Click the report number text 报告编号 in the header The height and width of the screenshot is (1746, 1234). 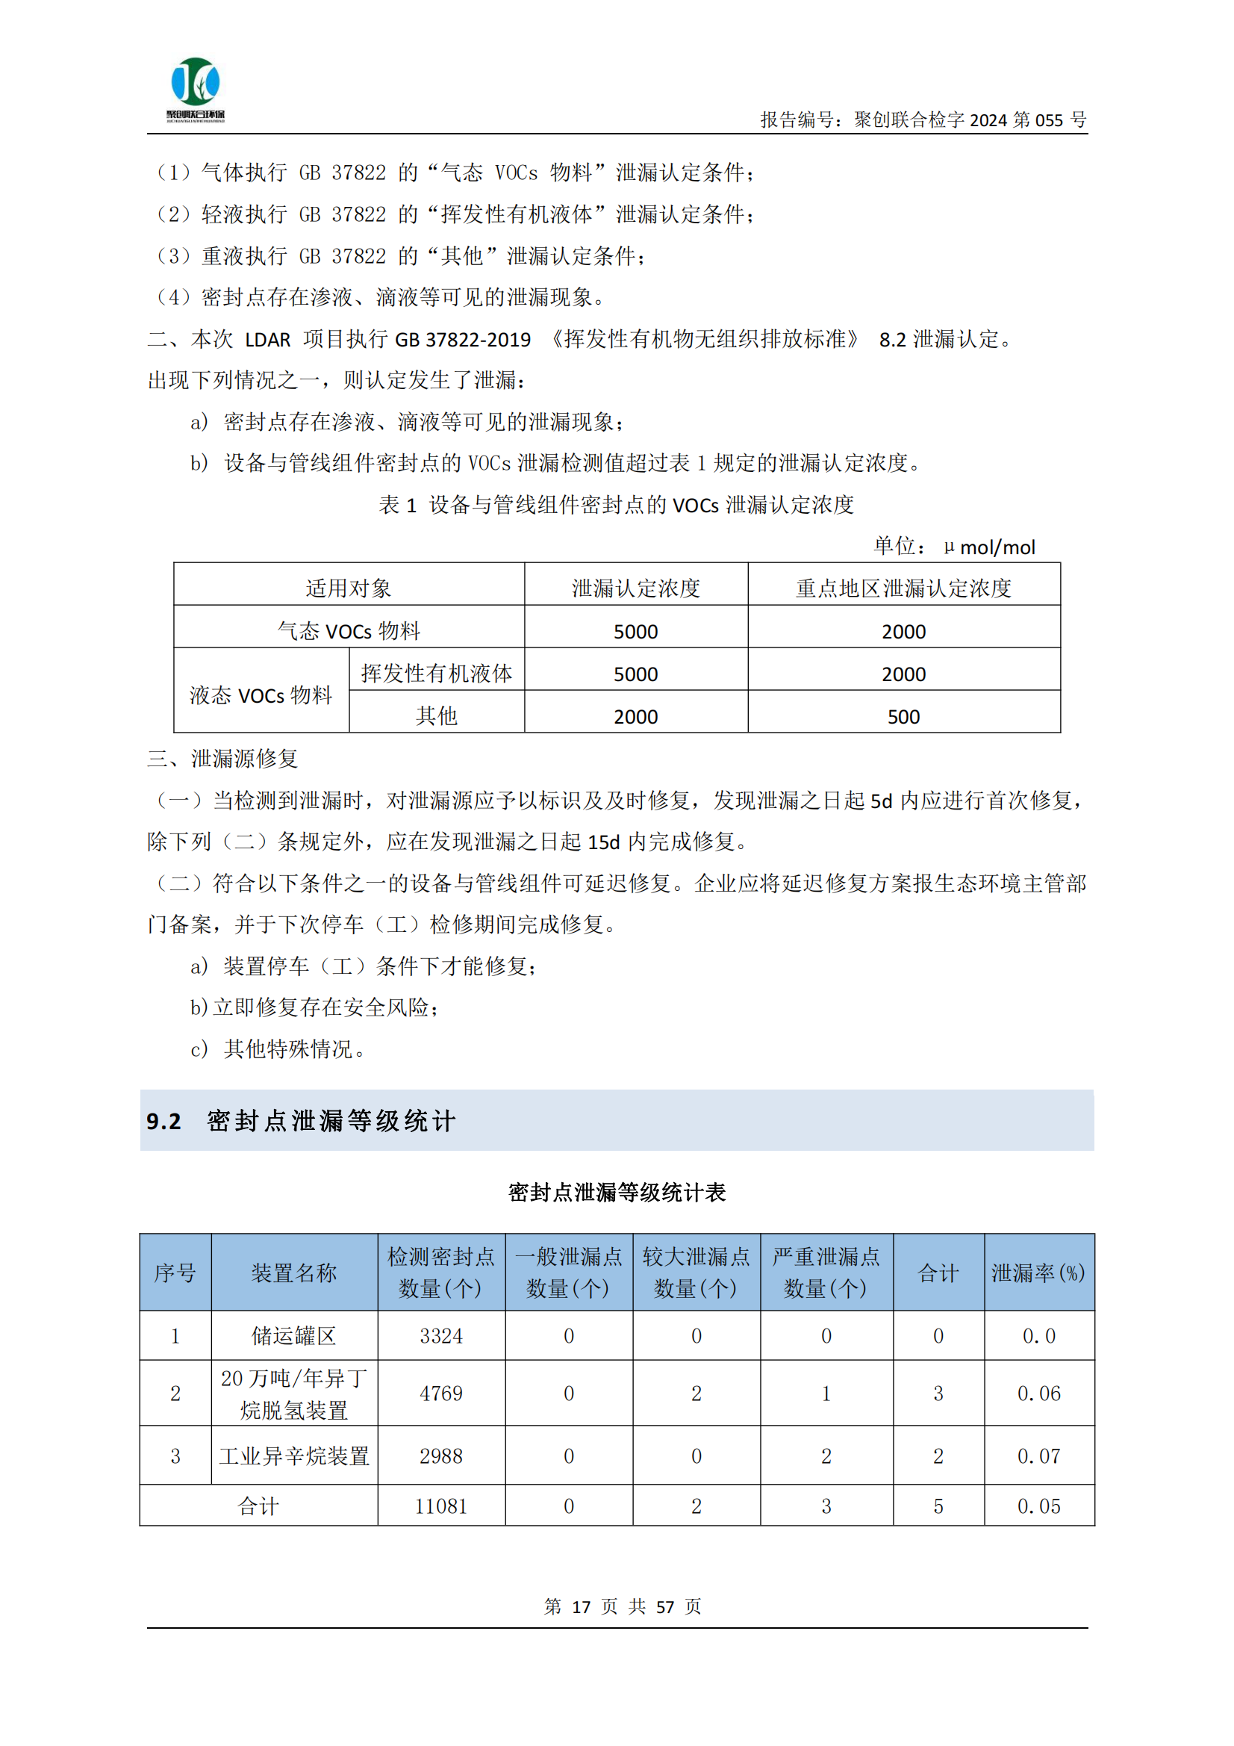click(x=922, y=119)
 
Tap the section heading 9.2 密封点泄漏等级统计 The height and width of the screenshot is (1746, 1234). click(x=301, y=1120)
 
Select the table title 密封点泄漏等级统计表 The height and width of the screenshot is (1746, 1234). click(x=617, y=1192)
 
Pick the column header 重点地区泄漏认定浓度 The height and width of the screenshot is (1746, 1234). click(x=903, y=588)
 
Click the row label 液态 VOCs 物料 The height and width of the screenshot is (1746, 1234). click(x=261, y=695)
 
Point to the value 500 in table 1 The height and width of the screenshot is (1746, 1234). click(x=903, y=716)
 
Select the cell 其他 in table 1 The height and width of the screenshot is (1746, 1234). click(x=437, y=716)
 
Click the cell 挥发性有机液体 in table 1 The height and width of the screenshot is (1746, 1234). click(x=437, y=674)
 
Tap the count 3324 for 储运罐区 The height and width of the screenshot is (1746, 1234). click(x=441, y=1335)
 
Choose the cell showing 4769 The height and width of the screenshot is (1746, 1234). click(x=441, y=1394)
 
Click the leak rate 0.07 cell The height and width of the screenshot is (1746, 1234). click(x=1038, y=1455)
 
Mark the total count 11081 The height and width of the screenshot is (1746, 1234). click(x=441, y=1506)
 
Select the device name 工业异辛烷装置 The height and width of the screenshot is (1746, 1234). click(x=294, y=1455)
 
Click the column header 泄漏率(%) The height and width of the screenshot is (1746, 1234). click(x=1038, y=1273)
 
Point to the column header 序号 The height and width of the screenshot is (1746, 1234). click(x=175, y=1273)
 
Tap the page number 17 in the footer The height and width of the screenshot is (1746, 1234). click(x=581, y=1607)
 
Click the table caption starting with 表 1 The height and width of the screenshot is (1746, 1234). click(x=617, y=505)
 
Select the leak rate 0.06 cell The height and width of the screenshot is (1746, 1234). click(x=1038, y=1394)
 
